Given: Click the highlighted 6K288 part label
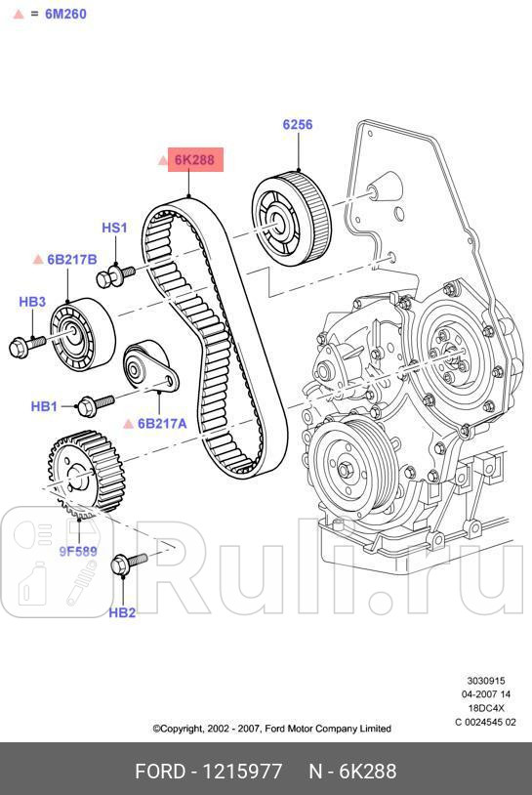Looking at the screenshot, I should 195,160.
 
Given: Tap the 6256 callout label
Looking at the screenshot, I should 298,124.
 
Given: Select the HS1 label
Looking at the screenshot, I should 114,229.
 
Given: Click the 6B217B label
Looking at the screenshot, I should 72,260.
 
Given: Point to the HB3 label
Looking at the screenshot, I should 32,302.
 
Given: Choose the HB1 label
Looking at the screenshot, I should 44,405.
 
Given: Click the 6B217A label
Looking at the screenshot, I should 161,424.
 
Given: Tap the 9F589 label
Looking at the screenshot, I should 78,551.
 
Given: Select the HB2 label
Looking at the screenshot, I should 122,612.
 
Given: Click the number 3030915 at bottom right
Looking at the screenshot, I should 485,681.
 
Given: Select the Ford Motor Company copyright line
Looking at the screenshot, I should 271,729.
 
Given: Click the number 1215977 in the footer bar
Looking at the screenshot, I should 238,772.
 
